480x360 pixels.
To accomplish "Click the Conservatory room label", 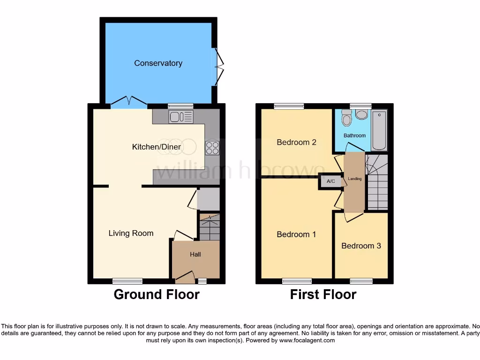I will [158, 63].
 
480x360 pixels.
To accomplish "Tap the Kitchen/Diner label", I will [157, 147].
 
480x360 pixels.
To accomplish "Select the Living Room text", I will [131, 233].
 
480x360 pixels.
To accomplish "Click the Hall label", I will [195, 255].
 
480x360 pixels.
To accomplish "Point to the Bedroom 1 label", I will [296, 234].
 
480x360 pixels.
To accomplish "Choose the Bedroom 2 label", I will [296, 142].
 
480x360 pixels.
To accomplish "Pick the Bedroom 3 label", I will [361, 246].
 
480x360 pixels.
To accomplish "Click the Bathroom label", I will [354, 135].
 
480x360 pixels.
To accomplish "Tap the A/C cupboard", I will [330, 181].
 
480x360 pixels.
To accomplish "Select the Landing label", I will [354, 179].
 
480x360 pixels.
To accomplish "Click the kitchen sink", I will [181, 117].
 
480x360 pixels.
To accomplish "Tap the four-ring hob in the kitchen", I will [212, 148].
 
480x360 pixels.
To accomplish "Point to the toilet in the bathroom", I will [347, 118].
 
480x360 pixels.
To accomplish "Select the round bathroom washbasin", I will [361, 114].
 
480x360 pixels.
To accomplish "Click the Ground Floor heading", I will [157, 294].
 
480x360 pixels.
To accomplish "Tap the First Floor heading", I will [323, 294].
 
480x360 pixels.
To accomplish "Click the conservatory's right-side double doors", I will [218, 67].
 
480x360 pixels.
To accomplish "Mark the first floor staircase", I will [377, 183].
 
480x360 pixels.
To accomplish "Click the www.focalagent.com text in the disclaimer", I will [307, 341].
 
